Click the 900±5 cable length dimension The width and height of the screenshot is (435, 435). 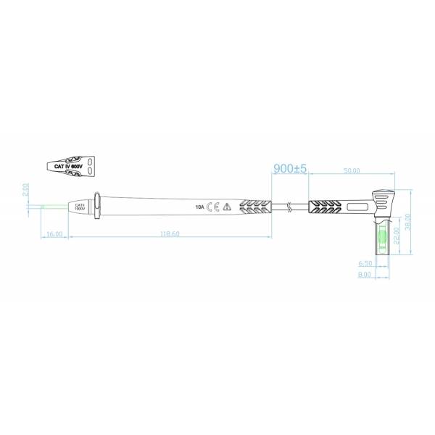click(291, 168)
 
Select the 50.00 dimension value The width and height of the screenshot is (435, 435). click(352, 170)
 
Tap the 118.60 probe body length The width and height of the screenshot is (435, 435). click(170, 234)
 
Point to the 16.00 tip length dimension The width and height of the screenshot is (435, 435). click(54, 234)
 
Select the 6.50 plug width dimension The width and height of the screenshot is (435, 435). click(364, 263)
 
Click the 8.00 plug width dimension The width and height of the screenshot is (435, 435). click(364, 274)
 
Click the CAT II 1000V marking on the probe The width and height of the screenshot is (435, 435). click(80, 207)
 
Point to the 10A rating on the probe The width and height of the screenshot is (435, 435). click(199, 207)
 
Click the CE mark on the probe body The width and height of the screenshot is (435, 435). click(213, 207)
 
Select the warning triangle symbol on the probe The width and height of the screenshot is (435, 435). click(227, 207)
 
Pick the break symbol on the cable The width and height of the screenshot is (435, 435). click(290, 207)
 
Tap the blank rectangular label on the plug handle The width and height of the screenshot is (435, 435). click(358, 207)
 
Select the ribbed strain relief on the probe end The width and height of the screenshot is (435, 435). click(255, 207)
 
